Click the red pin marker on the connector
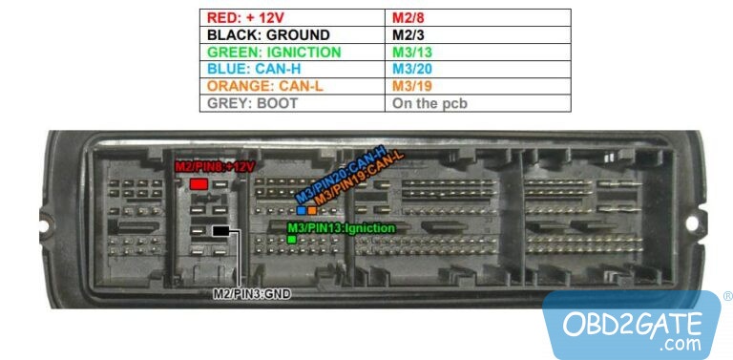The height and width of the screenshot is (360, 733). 199,183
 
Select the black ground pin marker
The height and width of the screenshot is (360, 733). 220,231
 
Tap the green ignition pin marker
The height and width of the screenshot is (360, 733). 291,240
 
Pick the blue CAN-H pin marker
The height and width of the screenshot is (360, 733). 301,210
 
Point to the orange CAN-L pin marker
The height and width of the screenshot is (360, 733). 312,210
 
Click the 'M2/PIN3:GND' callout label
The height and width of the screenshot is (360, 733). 251,294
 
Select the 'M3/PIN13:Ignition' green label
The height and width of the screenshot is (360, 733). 341,228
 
